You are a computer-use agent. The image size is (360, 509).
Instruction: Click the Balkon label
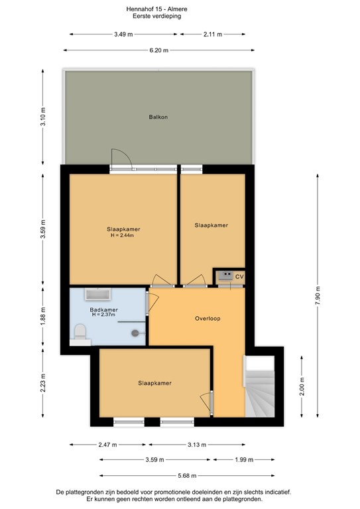coord(158,117)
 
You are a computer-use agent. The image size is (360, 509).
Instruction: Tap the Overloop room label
coord(208,318)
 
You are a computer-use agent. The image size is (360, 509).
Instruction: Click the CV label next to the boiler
coord(239,276)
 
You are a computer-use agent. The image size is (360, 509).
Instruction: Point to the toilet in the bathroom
coord(80,331)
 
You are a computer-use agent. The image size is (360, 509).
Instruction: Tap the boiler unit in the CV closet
coord(224,274)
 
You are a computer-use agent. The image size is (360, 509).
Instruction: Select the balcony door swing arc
coord(122,157)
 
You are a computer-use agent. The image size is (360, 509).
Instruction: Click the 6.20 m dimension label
coord(159,50)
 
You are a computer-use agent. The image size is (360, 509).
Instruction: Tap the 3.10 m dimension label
coord(43,118)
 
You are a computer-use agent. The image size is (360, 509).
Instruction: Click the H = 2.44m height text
coord(123,235)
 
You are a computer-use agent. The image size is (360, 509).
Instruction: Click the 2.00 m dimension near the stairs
coord(302,386)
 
